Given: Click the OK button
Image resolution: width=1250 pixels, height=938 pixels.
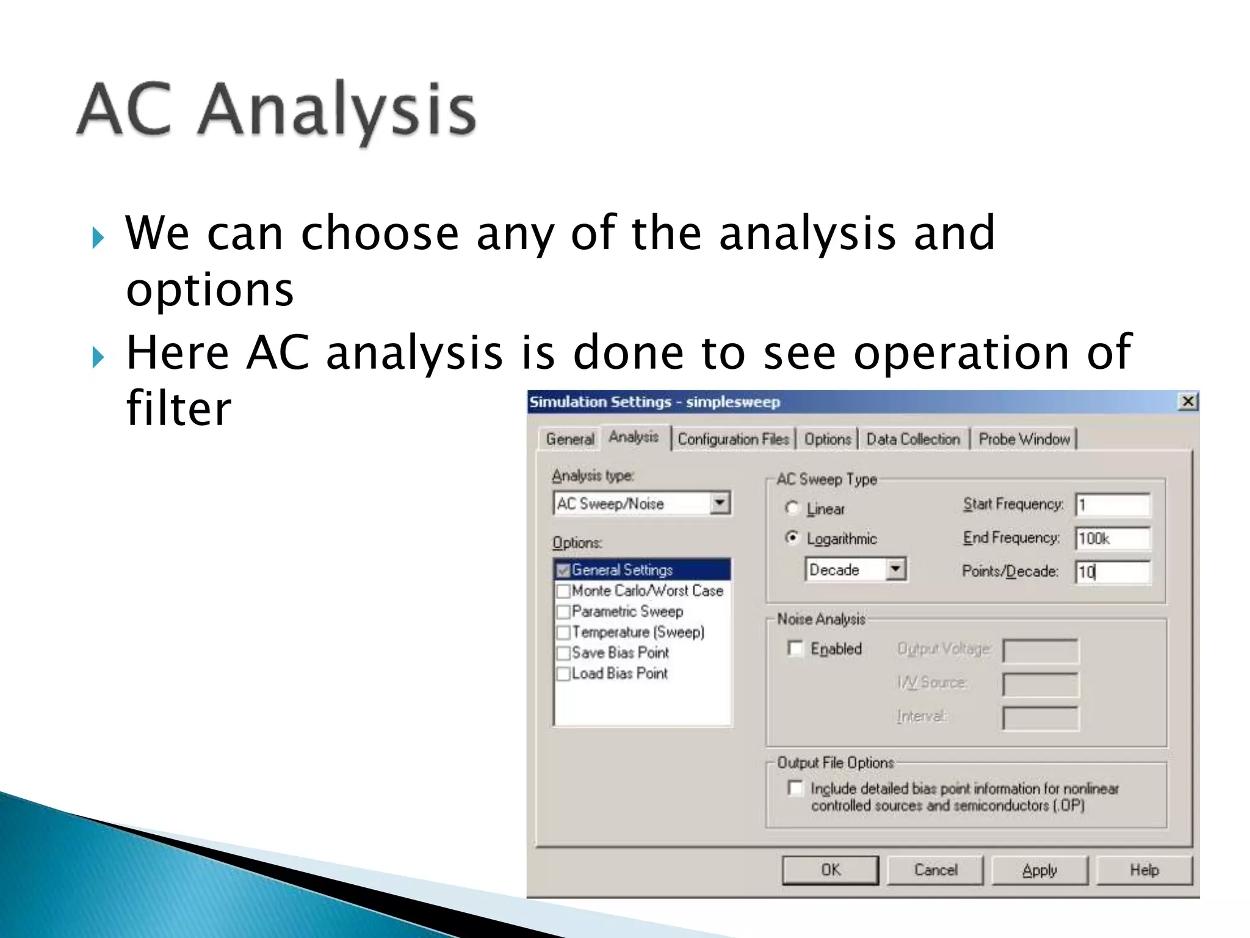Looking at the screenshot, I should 830,870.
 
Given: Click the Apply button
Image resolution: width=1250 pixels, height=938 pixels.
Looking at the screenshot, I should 1039,870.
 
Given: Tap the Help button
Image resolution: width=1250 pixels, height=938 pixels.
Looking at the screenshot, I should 1144,870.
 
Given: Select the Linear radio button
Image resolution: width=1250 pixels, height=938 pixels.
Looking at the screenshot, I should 792,508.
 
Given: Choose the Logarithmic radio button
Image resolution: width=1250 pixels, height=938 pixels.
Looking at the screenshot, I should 792,538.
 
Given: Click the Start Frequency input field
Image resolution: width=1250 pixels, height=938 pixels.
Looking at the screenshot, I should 1112,505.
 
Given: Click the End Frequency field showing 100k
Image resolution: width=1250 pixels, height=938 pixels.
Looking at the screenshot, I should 1112,539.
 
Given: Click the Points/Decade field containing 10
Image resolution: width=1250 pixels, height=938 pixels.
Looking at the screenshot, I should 1112,572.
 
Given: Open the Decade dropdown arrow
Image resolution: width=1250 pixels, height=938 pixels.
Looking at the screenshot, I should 895,569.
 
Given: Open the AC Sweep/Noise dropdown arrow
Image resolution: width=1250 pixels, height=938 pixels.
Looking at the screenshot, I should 720,503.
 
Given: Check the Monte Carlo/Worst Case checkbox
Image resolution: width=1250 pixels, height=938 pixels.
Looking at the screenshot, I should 563,591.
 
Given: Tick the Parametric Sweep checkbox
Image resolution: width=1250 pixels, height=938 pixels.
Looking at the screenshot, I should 563,612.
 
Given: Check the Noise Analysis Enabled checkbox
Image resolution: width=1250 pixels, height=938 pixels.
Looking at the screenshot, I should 795,649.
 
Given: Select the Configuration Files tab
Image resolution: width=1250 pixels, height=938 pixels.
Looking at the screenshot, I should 733,439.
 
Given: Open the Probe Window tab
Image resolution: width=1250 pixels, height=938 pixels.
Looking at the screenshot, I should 1024,439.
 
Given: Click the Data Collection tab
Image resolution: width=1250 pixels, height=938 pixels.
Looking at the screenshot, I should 913,439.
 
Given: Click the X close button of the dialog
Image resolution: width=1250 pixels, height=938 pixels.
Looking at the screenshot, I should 1188,402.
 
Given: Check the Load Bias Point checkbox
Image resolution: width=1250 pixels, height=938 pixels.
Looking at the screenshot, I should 563,674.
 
